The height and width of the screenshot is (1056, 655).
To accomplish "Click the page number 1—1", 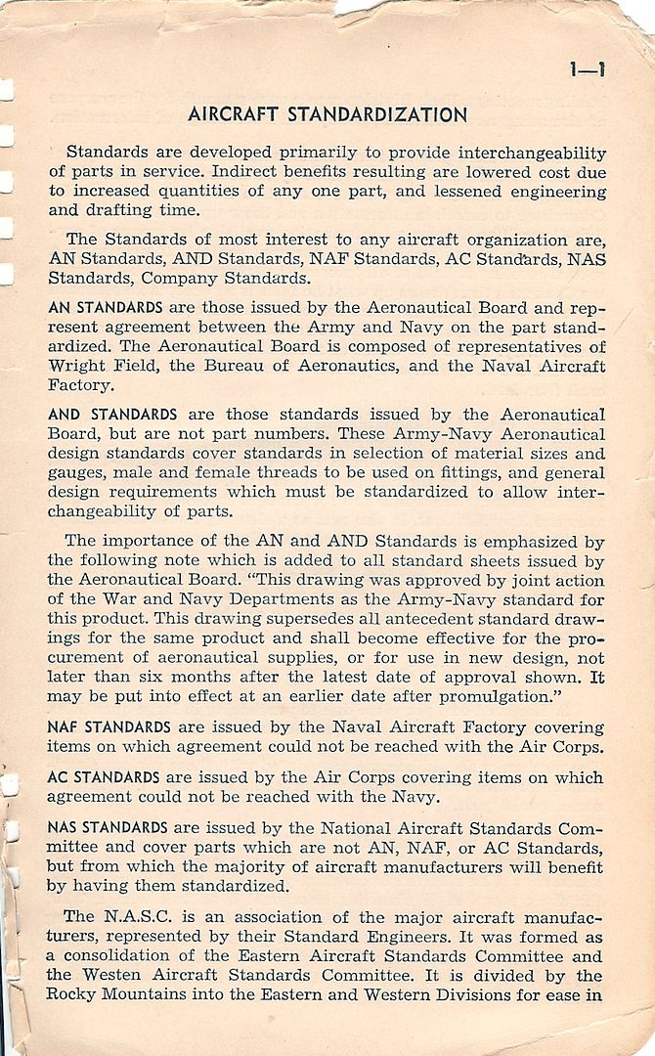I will click(587, 69).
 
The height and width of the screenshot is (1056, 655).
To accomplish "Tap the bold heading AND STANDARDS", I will click(112, 415).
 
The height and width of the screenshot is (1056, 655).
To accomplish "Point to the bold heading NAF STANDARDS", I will click(109, 726).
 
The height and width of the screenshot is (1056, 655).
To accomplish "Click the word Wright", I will click(77, 368).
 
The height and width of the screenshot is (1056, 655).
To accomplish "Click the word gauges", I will click(78, 474).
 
